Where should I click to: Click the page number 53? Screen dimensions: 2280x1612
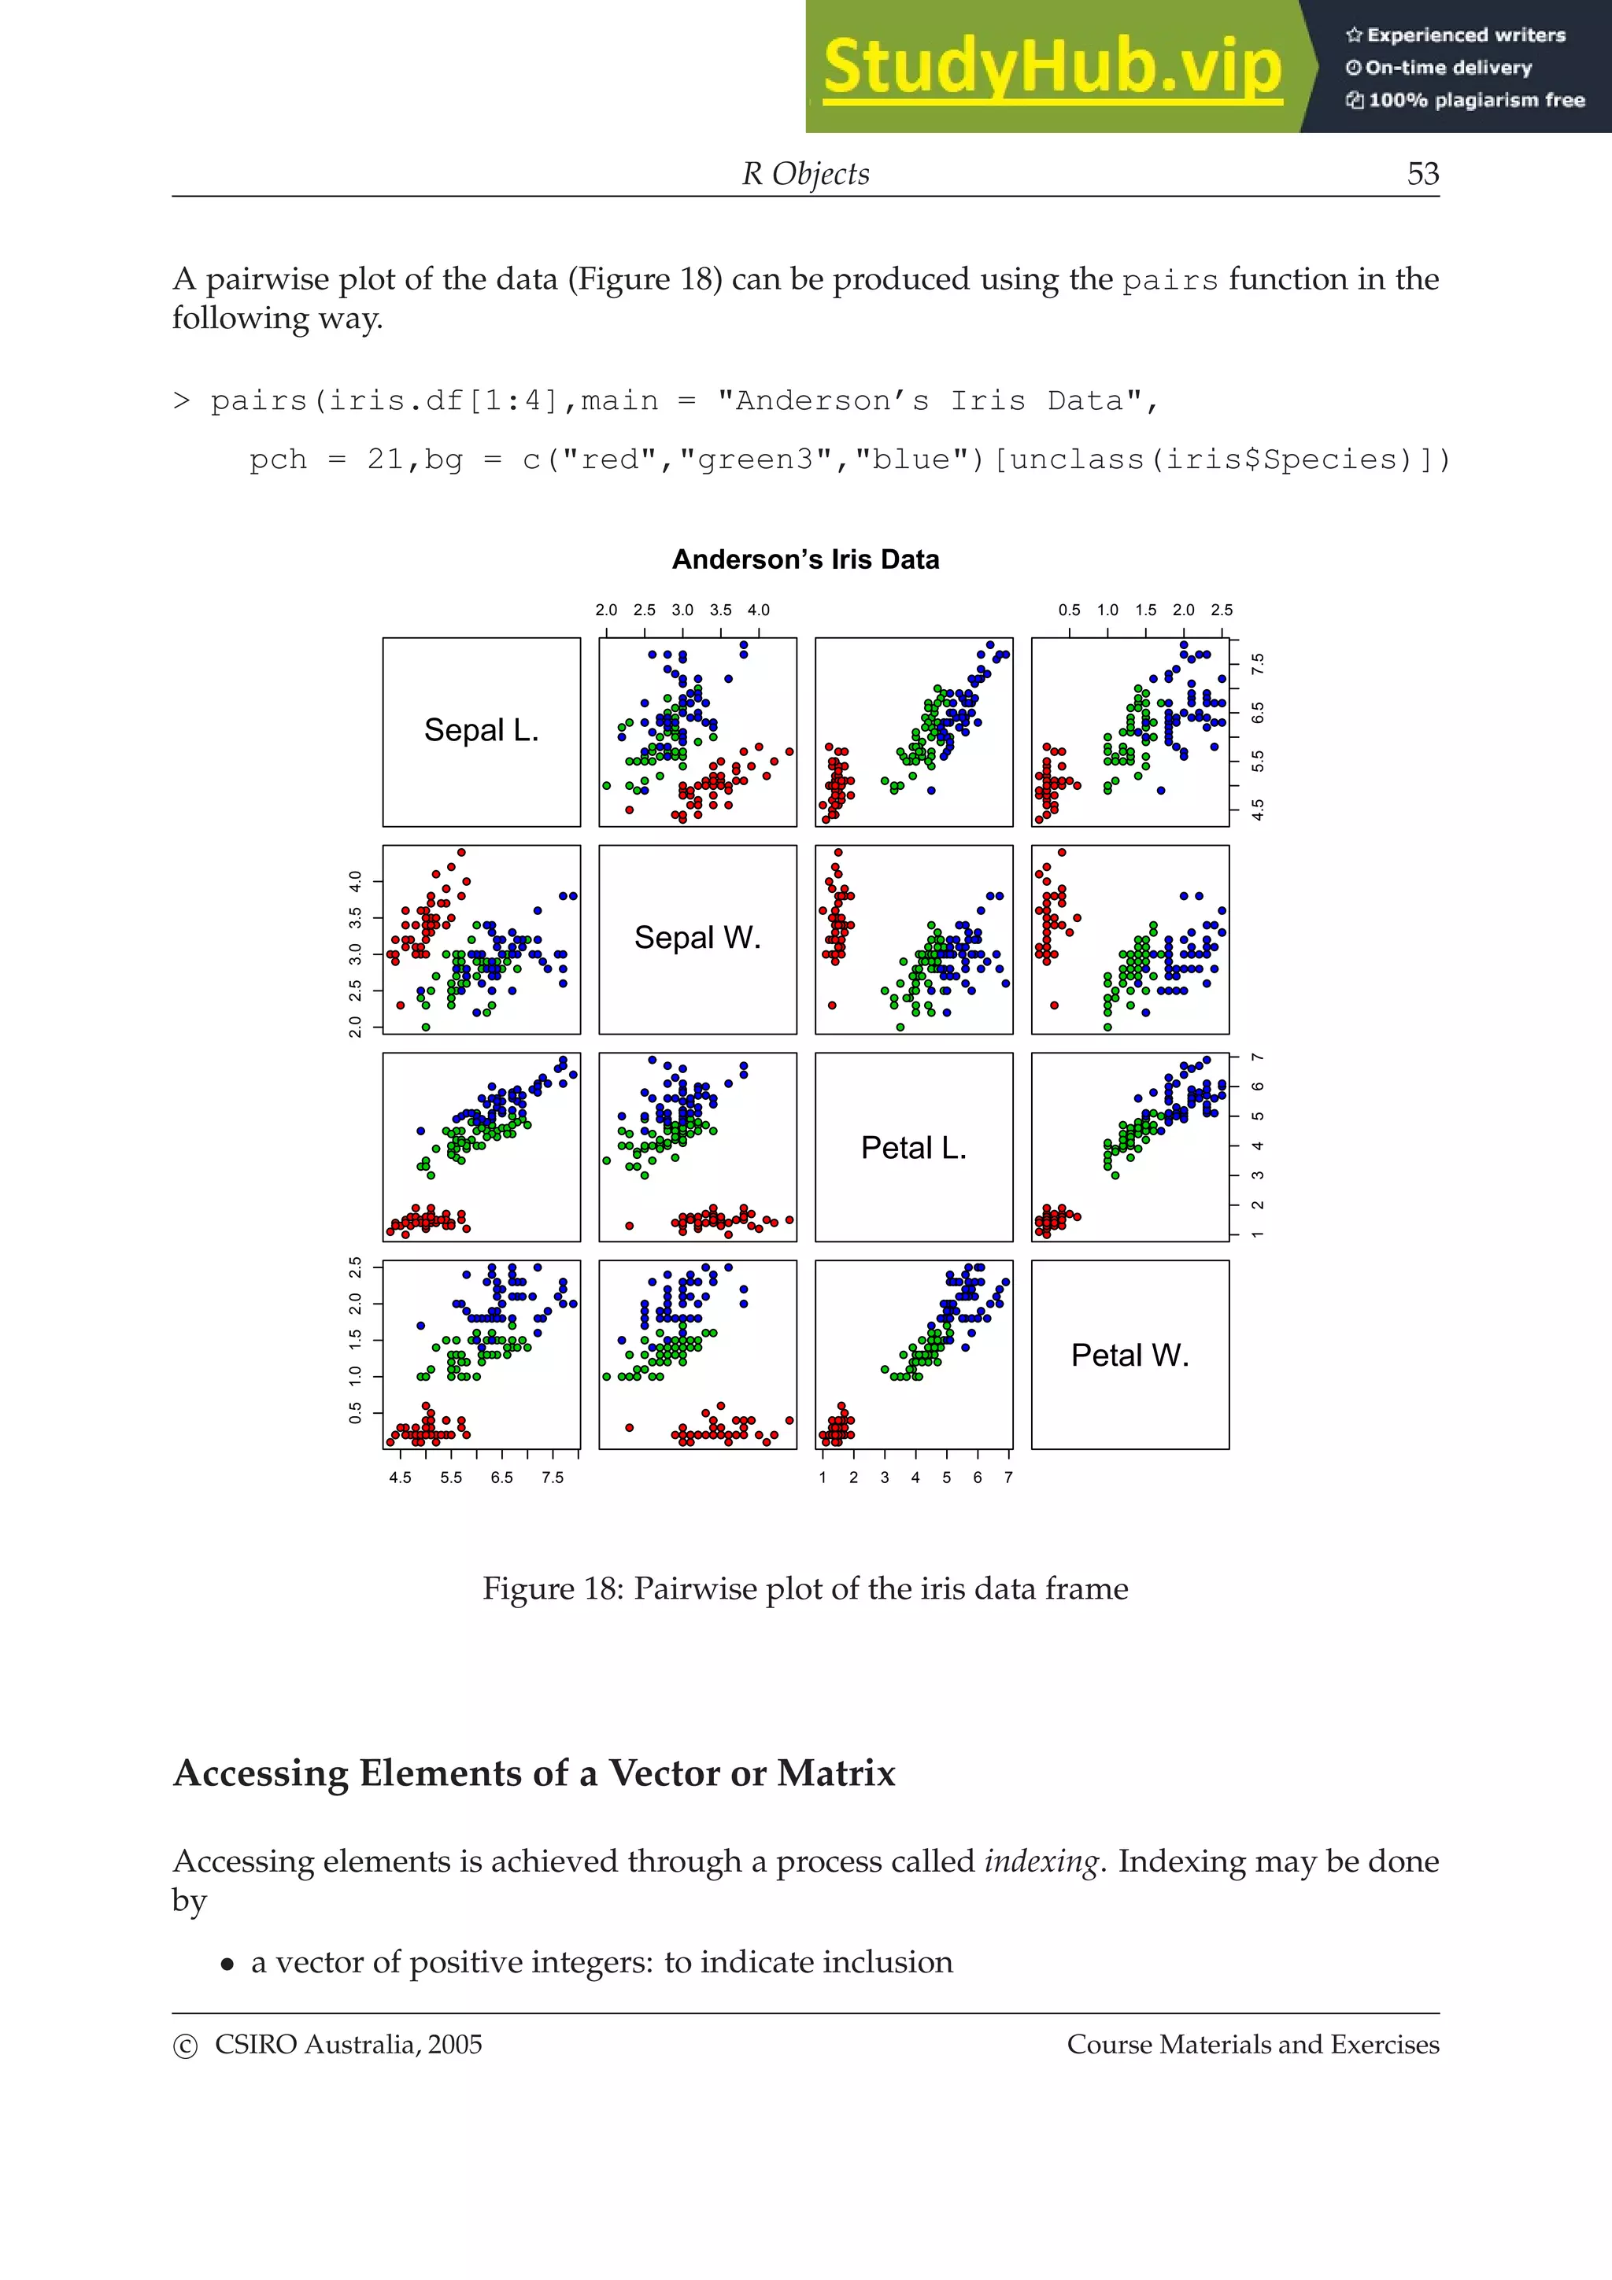point(1422,174)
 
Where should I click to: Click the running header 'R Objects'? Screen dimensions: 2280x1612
point(805,174)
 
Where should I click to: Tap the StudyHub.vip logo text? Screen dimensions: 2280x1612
point(1052,68)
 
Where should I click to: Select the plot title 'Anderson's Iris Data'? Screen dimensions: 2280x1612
point(805,560)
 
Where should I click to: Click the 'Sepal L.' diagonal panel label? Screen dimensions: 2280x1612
point(482,731)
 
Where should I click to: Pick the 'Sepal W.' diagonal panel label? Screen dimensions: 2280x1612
point(697,939)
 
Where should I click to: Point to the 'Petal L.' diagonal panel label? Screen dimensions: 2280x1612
point(914,1148)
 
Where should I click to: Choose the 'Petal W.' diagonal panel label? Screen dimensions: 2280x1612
point(1130,1356)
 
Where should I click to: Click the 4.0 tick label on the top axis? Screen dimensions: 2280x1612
point(759,611)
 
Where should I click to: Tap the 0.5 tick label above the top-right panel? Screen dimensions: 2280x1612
point(1070,611)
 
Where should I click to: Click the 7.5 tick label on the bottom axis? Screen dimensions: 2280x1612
point(553,1478)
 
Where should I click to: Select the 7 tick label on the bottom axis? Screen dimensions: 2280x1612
point(1008,1478)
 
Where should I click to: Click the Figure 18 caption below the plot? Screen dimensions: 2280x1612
point(805,1589)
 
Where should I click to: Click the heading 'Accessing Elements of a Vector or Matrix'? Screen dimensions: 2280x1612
point(534,1773)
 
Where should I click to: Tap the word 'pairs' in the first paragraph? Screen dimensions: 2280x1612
point(1170,281)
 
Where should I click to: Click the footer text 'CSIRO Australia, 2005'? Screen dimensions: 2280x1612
point(348,2045)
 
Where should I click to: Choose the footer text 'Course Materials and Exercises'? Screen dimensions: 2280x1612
point(1252,2045)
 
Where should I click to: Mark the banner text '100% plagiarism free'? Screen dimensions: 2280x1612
point(1475,100)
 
